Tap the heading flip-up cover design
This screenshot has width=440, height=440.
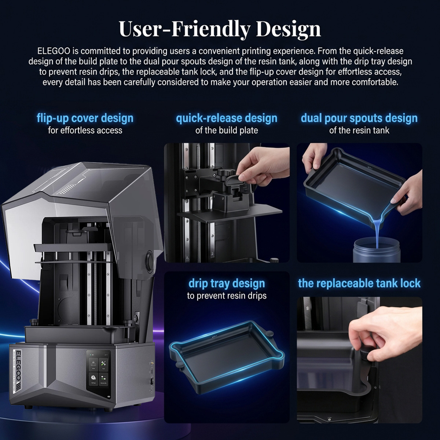85,118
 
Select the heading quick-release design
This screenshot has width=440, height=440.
227,118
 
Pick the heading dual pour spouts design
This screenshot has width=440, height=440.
359,118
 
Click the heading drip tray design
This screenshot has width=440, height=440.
227,283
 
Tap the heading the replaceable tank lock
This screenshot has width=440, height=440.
359,283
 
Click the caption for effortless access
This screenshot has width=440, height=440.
85,131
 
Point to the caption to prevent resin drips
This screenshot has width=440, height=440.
227,296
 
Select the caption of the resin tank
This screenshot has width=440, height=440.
359,131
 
